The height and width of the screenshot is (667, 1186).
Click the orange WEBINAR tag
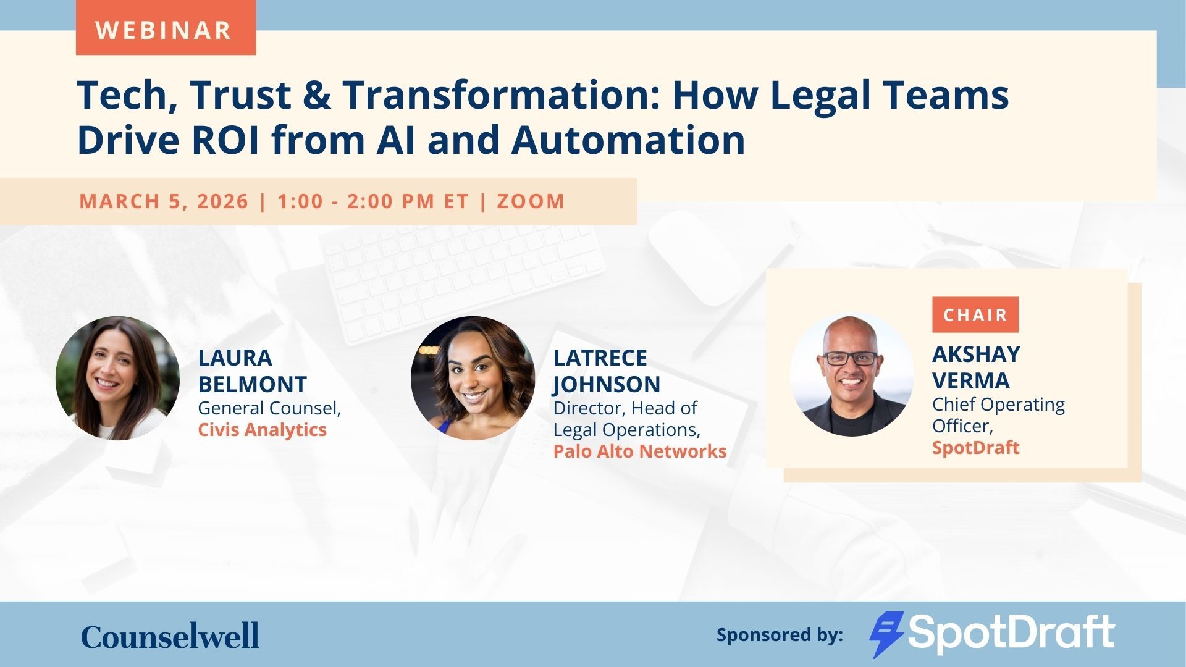166,28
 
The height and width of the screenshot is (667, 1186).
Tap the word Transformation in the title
502,95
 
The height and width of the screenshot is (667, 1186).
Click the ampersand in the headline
317,95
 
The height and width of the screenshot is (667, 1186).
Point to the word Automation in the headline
628,140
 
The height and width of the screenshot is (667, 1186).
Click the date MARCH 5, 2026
164,201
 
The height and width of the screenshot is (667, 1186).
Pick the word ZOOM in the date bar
531,201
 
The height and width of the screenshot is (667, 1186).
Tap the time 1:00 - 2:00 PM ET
373,201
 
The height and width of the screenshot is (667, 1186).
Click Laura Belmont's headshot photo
117,378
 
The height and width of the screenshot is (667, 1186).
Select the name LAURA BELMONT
252,371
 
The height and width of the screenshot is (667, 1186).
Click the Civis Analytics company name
262,430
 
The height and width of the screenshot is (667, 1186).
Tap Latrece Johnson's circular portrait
473,378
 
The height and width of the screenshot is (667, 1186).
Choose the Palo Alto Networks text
640,451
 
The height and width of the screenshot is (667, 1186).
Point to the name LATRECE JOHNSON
607,371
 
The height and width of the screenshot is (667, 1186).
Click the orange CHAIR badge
975,315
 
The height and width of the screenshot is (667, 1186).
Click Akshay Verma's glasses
851,358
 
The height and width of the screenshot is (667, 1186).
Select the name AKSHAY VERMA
976,367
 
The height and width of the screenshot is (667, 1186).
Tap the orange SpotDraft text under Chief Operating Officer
975,448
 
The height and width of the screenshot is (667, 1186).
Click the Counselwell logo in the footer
170,636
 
